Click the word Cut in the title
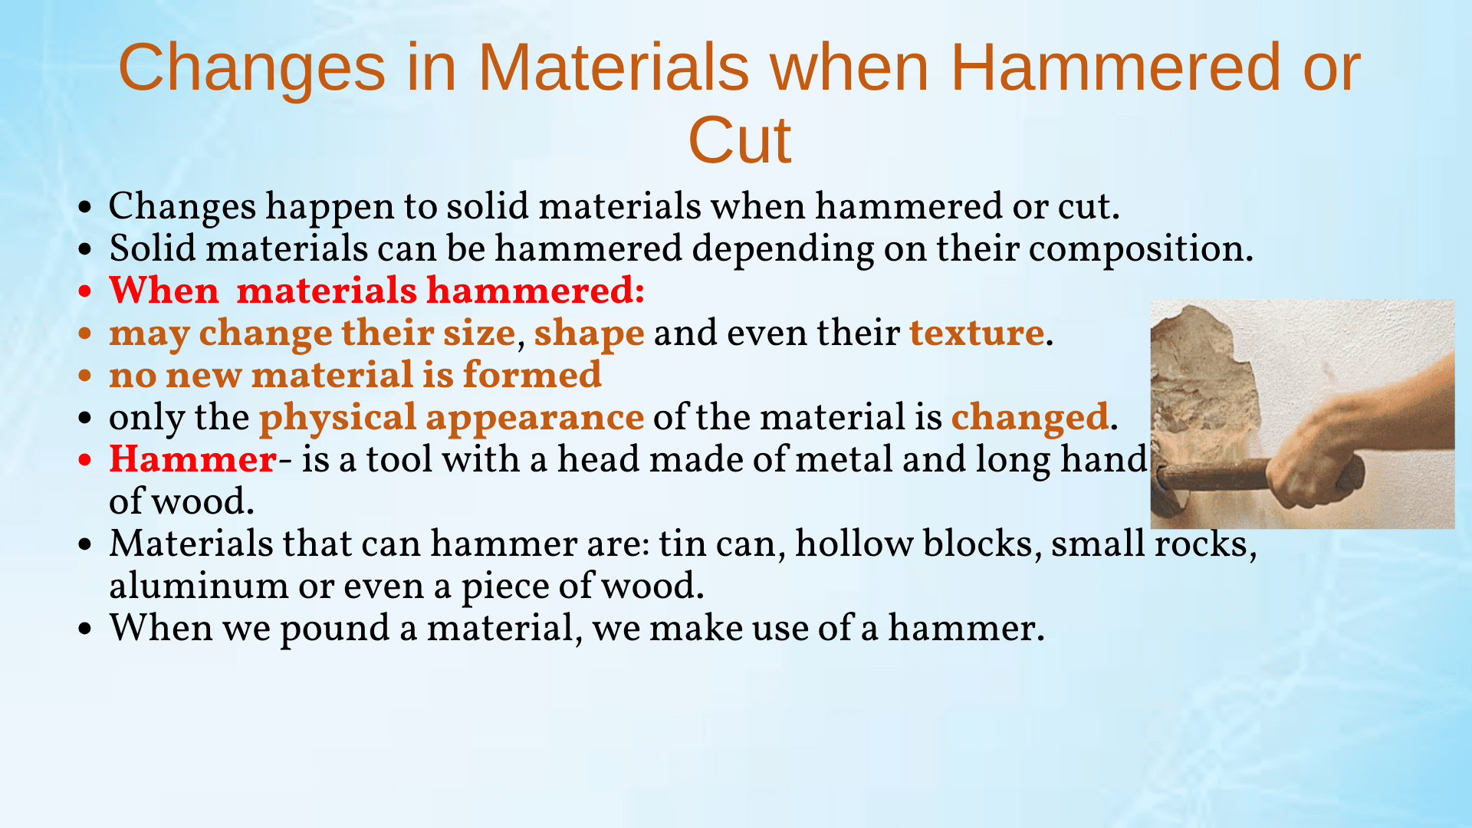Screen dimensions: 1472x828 point(740,140)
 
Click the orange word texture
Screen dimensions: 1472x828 point(977,333)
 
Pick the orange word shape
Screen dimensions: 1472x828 point(589,334)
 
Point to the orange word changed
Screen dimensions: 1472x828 point(1030,418)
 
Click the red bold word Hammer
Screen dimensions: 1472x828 point(192,459)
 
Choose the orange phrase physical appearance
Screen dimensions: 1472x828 point(452,418)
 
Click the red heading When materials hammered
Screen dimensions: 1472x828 point(376,291)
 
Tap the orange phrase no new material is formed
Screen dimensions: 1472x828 point(355,375)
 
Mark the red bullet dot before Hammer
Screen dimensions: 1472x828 point(85,460)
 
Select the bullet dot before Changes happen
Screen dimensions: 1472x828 point(85,207)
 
